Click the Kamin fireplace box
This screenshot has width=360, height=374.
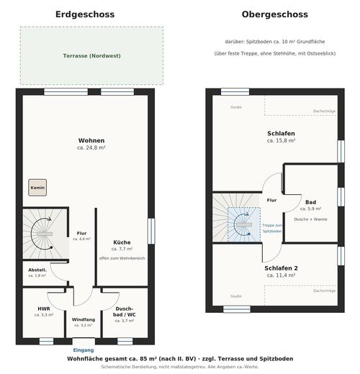(37, 188)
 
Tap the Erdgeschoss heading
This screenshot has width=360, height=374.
(85, 14)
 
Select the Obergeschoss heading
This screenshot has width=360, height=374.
(275, 14)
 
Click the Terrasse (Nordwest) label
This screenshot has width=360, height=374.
(92, 56)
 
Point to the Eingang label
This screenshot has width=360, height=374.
(84, 350)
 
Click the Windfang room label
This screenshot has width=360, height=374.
(84, 319)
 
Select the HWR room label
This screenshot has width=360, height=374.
(44, 309)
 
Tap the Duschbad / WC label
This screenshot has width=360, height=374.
(125, 311)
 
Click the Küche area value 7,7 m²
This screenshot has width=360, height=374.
(122, 249)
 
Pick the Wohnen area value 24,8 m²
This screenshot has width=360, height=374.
(91, 147)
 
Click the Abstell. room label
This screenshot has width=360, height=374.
(37, 270)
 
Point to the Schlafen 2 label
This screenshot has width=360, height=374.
(281, 268)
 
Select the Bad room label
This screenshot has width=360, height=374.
(310, 202)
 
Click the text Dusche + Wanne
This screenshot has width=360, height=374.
(310, 219)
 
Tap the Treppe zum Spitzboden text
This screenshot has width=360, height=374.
(272, 228)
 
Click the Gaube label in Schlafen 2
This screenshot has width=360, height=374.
(236, 296)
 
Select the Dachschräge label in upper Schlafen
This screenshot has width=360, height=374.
(325, 111)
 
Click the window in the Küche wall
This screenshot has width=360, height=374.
(151, 231)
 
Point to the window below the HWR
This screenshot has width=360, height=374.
(46, 341)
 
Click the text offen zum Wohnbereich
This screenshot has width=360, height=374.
(122, 258)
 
